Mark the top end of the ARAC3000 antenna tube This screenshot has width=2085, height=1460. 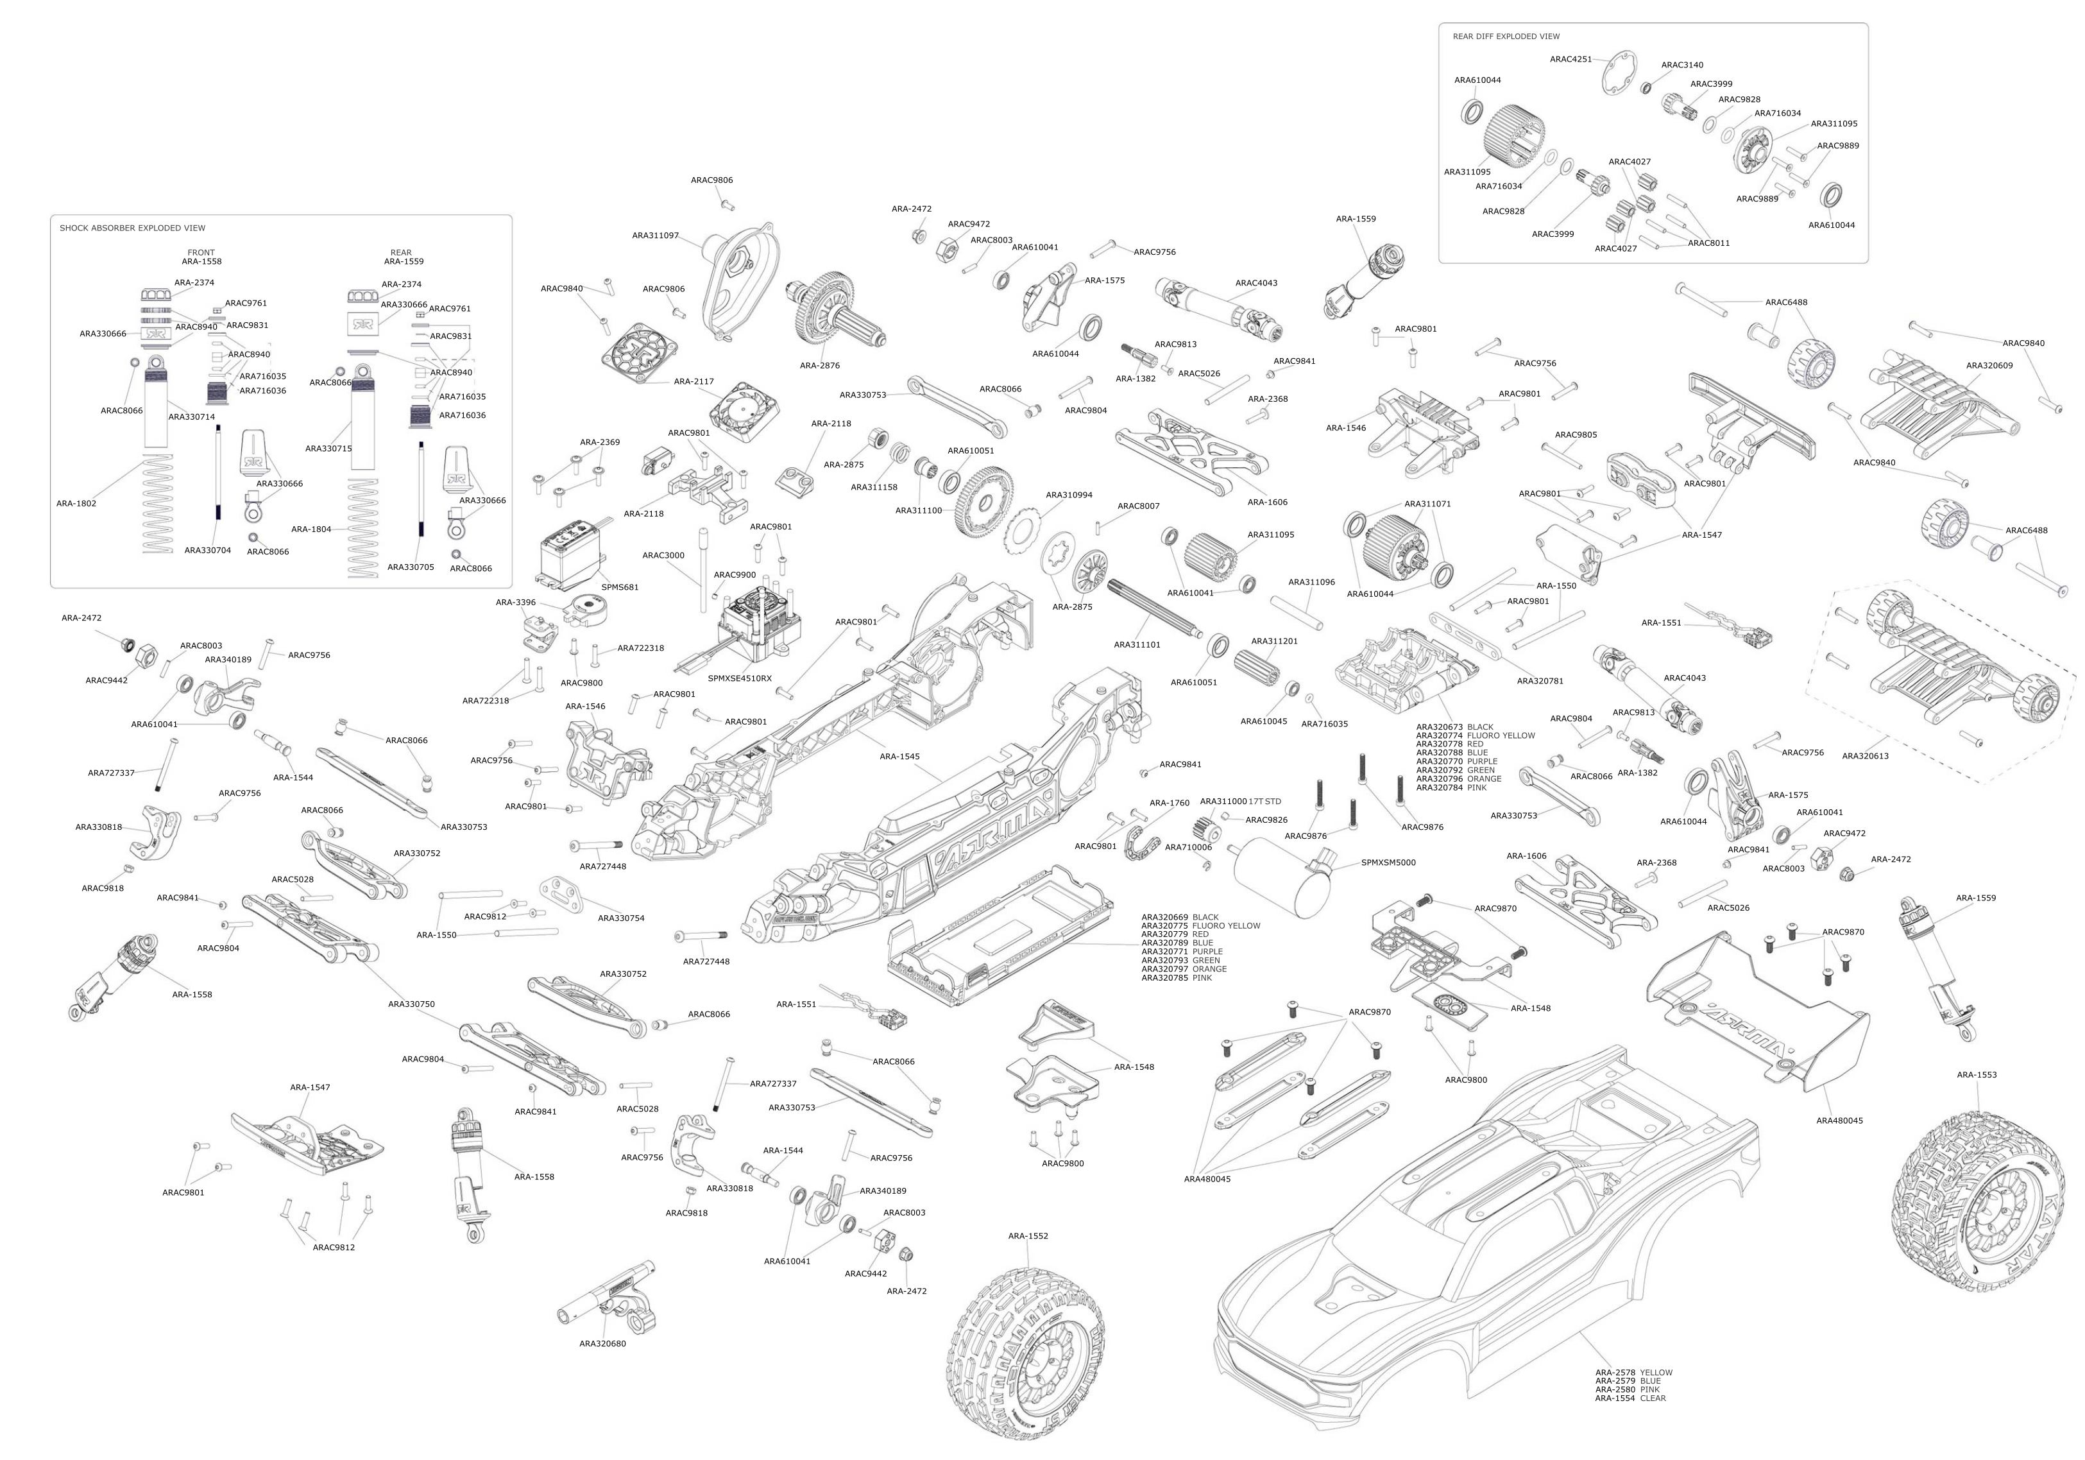click(x=703, y=529)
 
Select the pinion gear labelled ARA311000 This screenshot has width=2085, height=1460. click(x=1204, y=829)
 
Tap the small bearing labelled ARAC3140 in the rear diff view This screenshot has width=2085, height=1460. click(x=1646, y=88)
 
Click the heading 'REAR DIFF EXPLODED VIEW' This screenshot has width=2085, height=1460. click(x=1506, y=37)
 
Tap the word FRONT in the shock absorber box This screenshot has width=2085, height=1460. click(x=201, y=253)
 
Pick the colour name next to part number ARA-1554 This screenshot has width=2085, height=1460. click(x=1653, y=1398)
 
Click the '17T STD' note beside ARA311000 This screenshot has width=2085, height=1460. click(x=1265, y=802)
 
